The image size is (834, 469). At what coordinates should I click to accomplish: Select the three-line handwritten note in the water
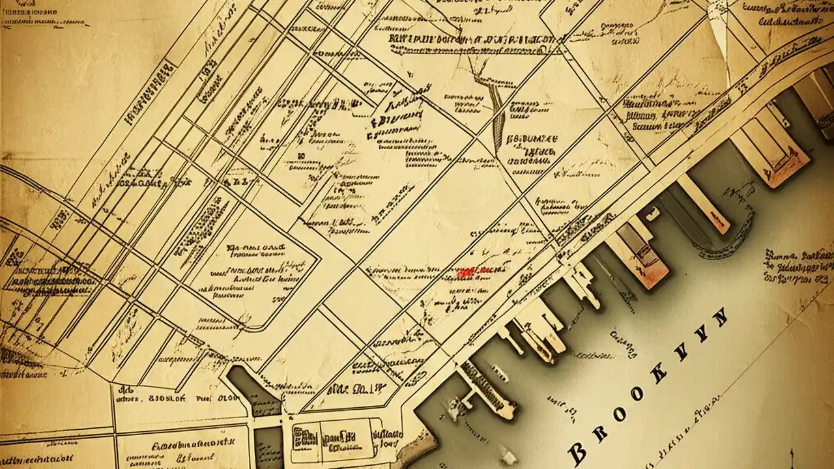[x=798, y=267]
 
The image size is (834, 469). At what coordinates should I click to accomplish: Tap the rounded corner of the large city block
[x=261, y=322]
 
